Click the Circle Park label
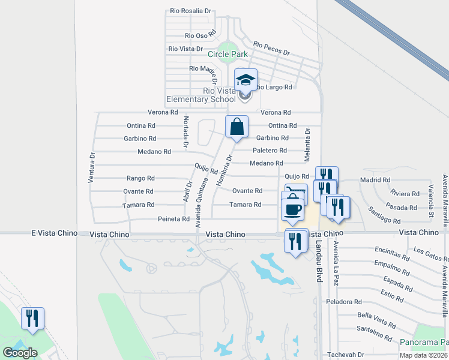pyautogui.click(x=228, y=54)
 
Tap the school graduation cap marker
pyautogui.click(x=245, y=80)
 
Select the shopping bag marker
pyautogui.click(x=237, y=127)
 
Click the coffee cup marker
pyautogui.click(x=292, y=209)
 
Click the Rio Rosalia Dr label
pyautogui.click(x=191, y=11)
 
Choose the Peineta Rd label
pyautogui.click(x=173, y=219)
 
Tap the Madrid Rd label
pyautogui.click(x=375, y=179)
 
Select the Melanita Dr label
pyautogui.click(x=307, y=144)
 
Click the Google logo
pyautogui.click(x=20, y=353)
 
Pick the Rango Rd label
pyautogui.click(x=140, y=178)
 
